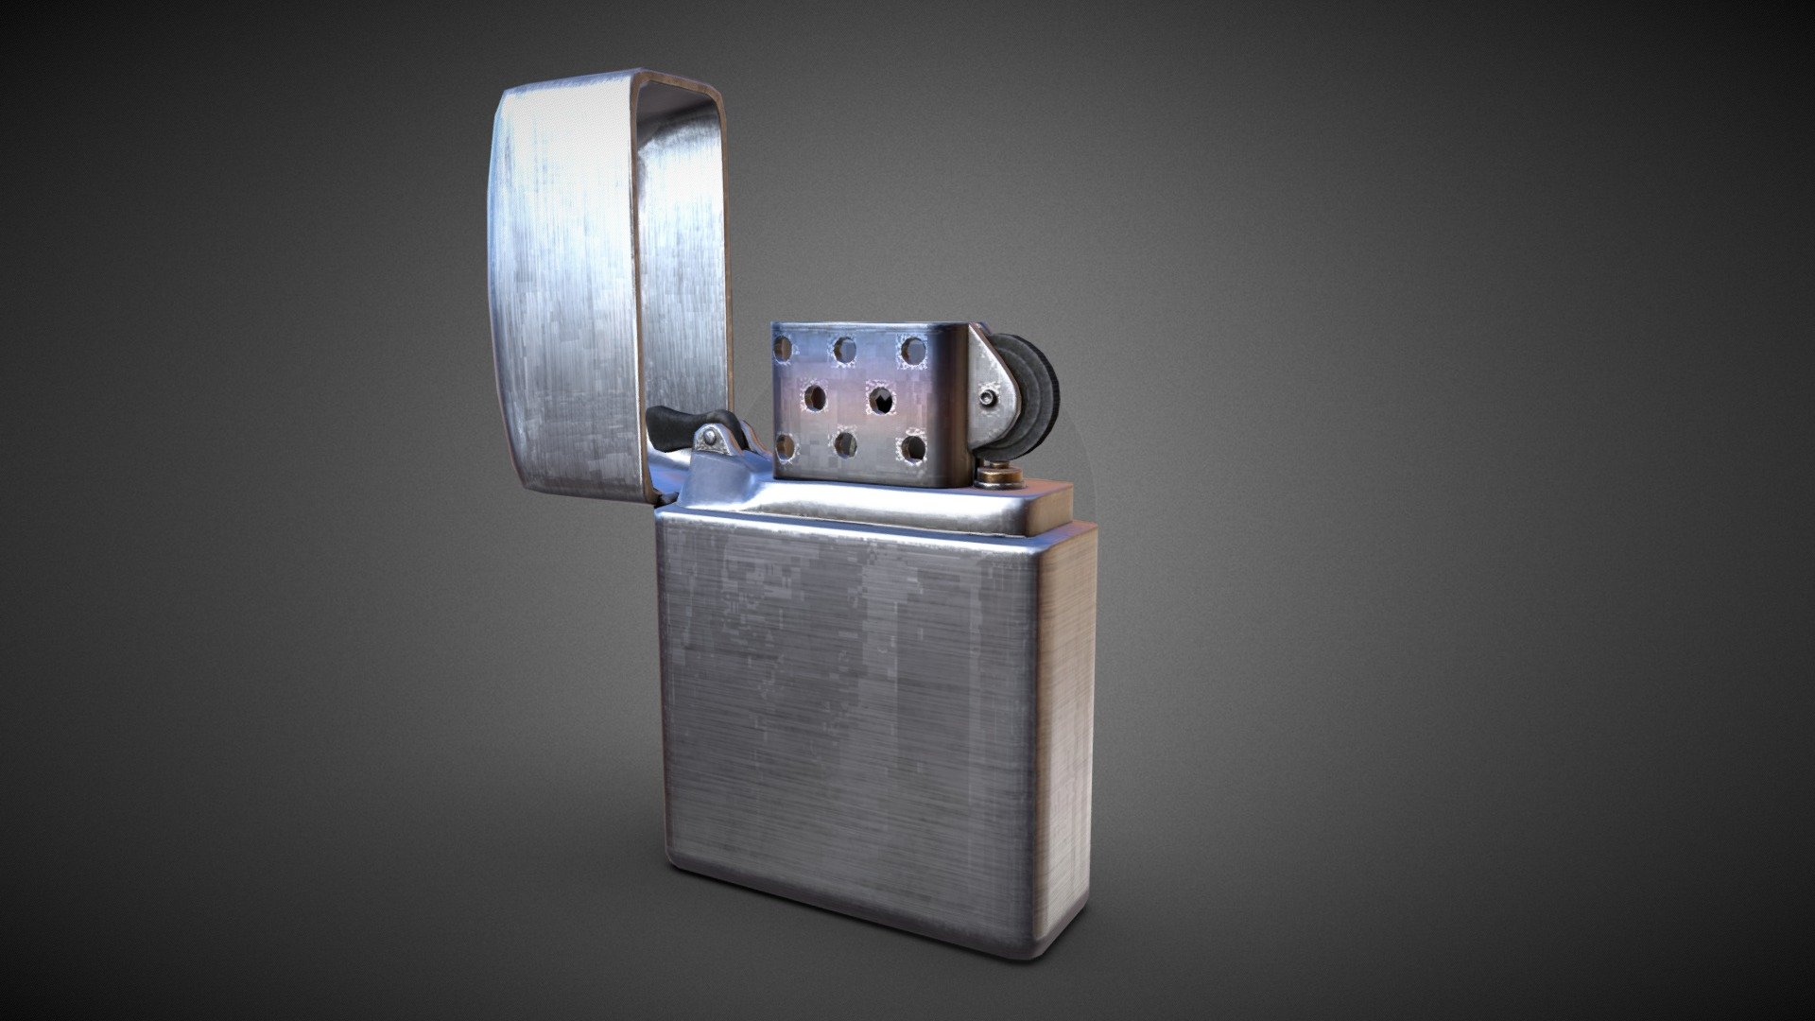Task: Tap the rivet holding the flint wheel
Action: (990, 397)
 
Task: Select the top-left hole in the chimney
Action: (784, 348)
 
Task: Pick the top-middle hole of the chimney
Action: (843, 350)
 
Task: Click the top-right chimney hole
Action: (912, 351)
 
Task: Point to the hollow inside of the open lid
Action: (685, 284)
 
